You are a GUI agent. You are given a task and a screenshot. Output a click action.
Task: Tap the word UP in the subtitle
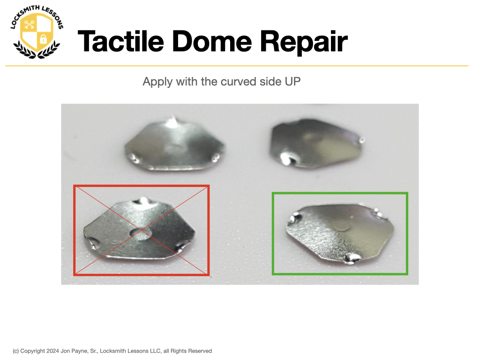pos(292,82)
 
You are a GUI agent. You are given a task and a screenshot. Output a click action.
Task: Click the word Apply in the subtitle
pos(157,82)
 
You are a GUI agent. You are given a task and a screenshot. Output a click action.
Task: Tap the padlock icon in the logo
pos(44,38)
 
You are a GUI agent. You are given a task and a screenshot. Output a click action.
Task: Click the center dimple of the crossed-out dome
pos(141,233)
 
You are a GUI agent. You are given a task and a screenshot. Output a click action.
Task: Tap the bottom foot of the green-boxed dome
pos(352,258)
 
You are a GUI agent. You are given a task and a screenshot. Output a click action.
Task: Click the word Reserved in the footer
pos(200,351)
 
